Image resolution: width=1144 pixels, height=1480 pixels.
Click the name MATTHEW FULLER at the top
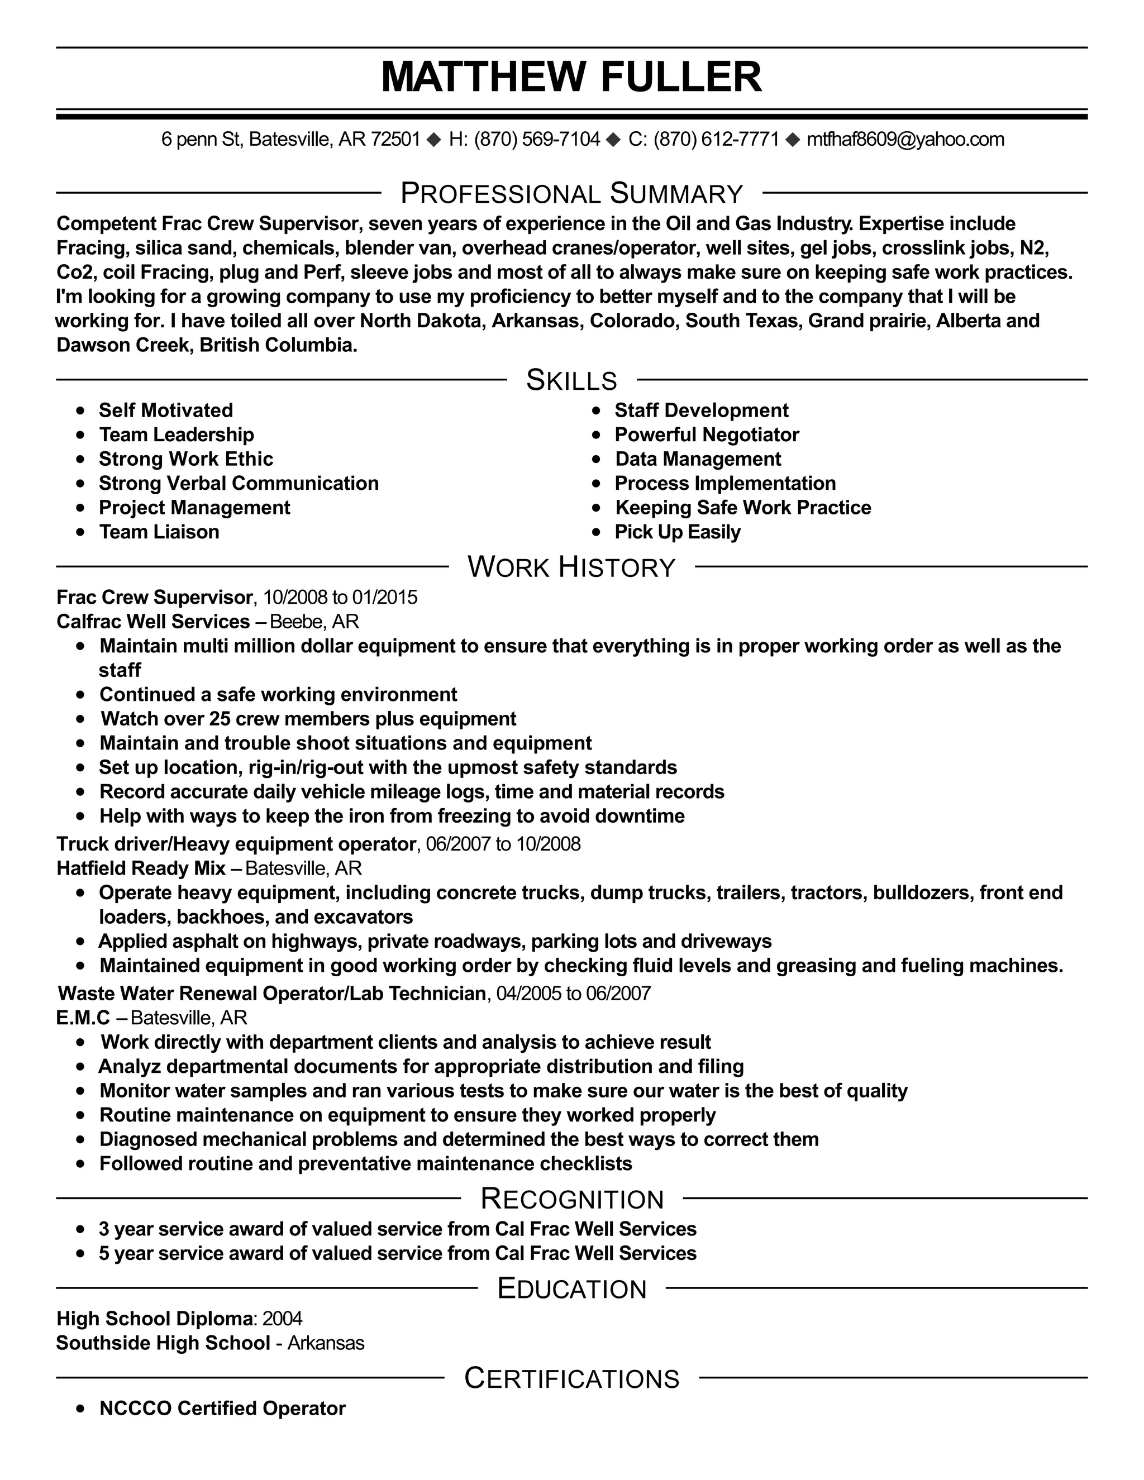(571, 77)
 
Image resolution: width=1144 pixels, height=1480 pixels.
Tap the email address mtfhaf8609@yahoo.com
(905, 140)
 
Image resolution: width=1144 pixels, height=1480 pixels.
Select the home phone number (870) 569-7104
(537, 140)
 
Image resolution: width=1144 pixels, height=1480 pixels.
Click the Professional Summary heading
(571, 194)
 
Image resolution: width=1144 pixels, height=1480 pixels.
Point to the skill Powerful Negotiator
(706, 435)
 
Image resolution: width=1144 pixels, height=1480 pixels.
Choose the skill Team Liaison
(159, 532)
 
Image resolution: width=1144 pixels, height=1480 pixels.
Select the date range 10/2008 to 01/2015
(340, 597)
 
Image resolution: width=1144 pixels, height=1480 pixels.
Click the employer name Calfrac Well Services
(153, 622)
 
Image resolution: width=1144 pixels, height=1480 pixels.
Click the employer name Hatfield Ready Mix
(141, 868)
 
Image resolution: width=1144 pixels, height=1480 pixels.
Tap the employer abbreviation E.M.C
(83, 1018)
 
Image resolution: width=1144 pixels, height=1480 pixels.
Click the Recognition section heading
(571, 1199)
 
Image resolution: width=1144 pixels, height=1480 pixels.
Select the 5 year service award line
(397, 1253)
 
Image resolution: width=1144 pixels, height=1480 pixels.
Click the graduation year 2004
(282, 1318)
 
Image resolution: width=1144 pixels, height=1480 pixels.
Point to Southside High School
(163, 1343)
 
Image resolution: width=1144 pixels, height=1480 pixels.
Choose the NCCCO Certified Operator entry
(222, 1408)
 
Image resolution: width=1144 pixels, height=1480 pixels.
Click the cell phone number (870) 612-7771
(716, 140)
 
